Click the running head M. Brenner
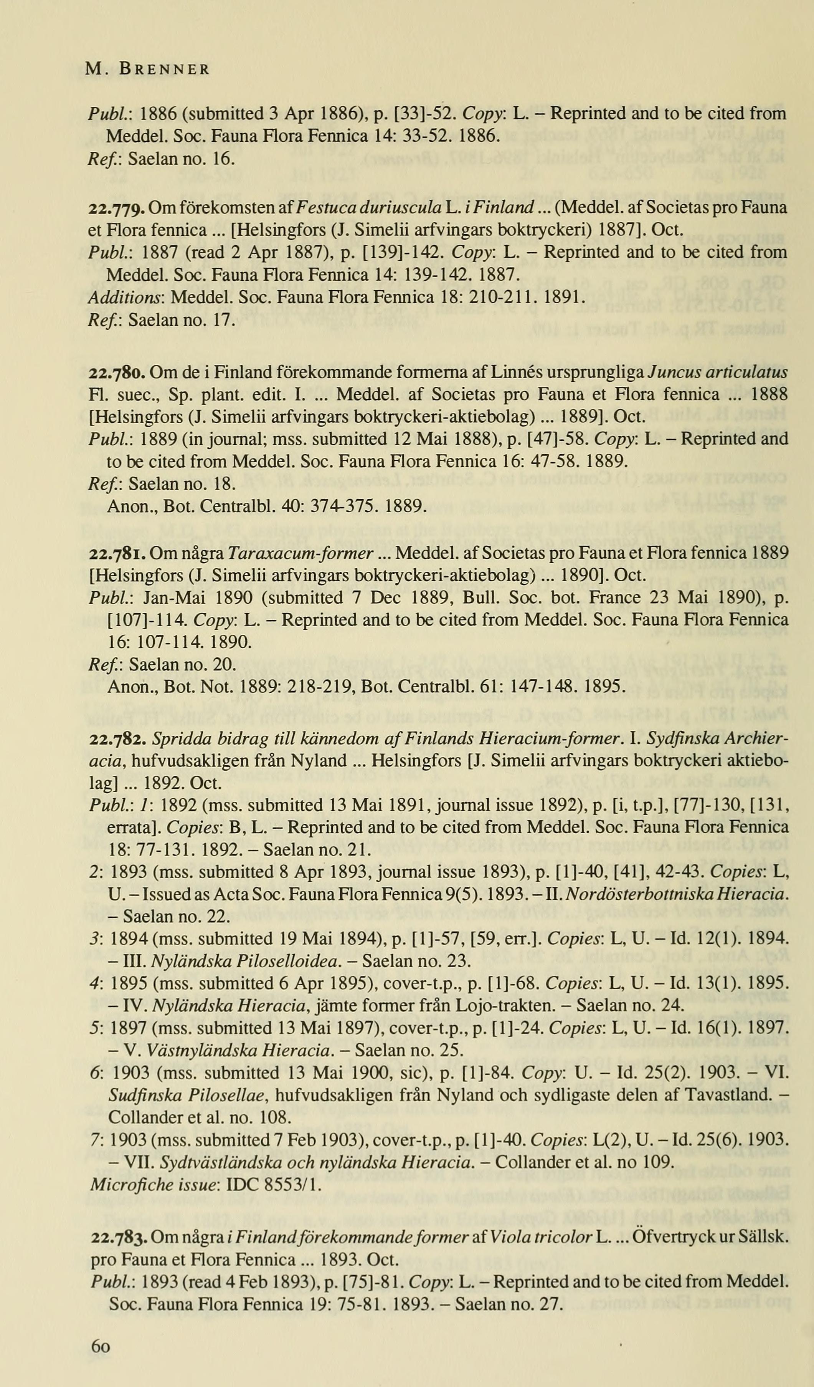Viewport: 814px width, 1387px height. (x=147, y=70)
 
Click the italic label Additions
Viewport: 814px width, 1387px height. (x=127, y=297)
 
